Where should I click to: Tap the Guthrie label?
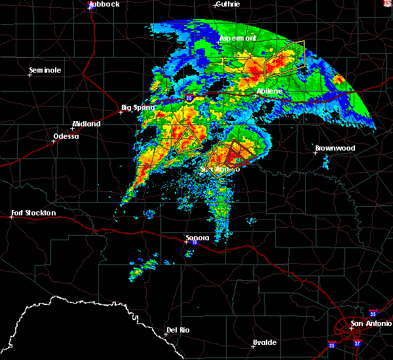point(227,4)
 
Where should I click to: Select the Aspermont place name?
point(237,39)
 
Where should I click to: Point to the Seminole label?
point(45,70)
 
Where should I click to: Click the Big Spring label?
point(138,107)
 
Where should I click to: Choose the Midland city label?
point(86,124)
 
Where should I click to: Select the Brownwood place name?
point(335,149)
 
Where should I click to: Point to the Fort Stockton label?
point(34,213)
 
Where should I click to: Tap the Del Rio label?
point(178,330)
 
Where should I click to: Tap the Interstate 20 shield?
point(189,98)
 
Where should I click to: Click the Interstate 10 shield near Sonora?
point(194,243)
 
